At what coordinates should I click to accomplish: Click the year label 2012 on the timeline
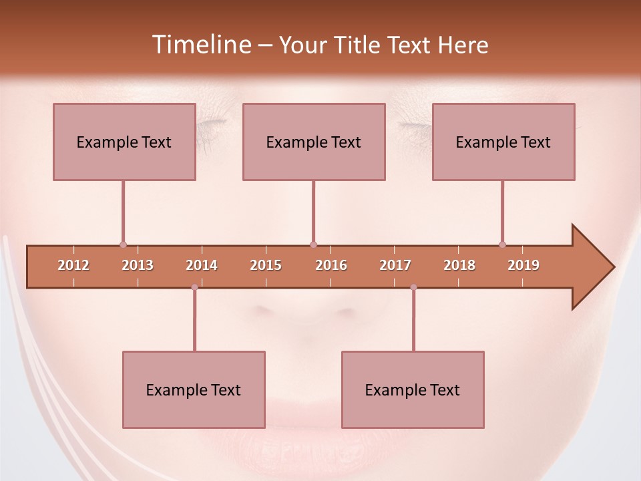73,265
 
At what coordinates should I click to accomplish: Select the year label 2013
138,265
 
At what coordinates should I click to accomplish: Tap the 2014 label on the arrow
202,265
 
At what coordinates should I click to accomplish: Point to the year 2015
266,265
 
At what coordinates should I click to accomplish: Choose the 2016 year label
331,265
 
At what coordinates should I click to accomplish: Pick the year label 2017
395,265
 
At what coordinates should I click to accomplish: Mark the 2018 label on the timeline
459,265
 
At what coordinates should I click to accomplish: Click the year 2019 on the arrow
523,265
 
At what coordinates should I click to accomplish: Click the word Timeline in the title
200,45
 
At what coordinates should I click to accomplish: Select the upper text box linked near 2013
124,142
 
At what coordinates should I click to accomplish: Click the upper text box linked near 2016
314,142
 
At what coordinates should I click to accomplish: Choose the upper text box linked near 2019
503,142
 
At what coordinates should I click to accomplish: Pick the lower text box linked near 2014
194,389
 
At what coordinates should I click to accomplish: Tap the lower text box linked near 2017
413,389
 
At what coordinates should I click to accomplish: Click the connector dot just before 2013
123,245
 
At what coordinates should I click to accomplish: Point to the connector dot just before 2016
313,245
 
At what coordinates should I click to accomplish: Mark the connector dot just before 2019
502,245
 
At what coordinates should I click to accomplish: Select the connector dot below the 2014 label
194,287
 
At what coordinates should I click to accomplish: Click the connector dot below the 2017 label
413,287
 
